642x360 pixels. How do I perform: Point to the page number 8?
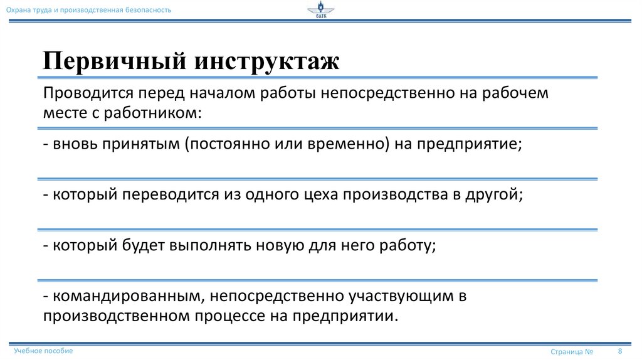[x=620, y=351]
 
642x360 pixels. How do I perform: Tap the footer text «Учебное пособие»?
[x=43, y=351]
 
